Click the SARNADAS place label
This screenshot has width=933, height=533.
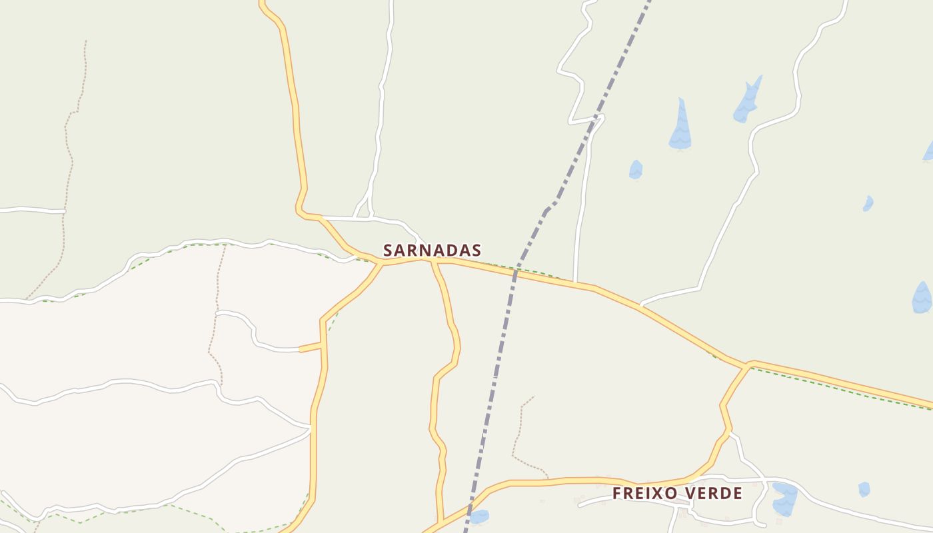[x=432, y=251]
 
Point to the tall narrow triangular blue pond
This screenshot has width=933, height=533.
[x=680, y=127]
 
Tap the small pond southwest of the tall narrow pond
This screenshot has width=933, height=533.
[x=636, y=170]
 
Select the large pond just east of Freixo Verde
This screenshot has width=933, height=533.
[x=785, y=498]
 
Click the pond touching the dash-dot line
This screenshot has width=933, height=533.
[x=479, y=516]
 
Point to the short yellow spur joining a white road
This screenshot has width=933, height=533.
[x=311, y=347]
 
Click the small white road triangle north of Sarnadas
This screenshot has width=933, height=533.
[x=364, y=211]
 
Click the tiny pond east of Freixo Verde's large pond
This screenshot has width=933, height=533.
[x=864, y=489]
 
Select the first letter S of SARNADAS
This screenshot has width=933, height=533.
[x=389, y=251]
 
